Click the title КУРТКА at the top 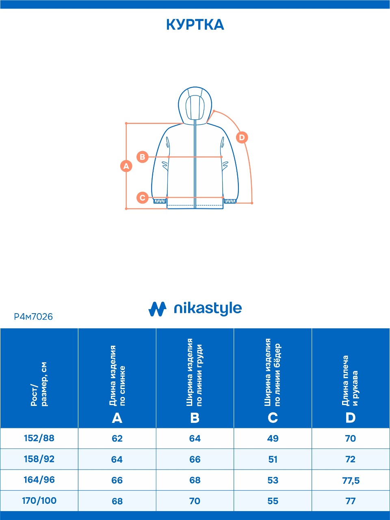coord(195,25)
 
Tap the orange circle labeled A coord(126,166)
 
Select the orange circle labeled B coord(142,157)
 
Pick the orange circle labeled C coord(142,198)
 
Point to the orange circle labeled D coord(242,137)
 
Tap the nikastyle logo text coord(208,309)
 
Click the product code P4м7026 coord(33,316)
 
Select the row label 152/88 coord(39,438)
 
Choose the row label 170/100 coord(39,500)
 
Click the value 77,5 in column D coord(351,481)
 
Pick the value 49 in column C coord(273,439)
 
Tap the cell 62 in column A coord(117,439)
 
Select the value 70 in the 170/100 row coord(195,501)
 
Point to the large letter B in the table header coord(195,418)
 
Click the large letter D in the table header coord(350,418)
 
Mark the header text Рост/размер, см coord(39,384)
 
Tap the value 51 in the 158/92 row coord(273,459)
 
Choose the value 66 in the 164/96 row coord(117,480)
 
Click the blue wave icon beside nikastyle coord(157,309)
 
